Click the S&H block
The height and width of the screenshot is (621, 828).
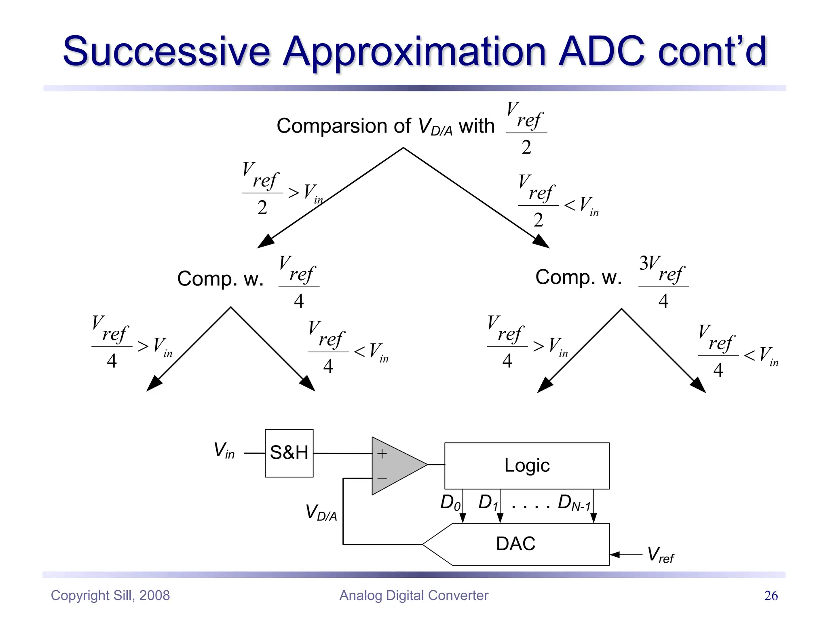(289, 453)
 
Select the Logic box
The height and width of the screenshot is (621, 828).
(527, 466)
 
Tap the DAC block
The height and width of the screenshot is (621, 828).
(516, 544)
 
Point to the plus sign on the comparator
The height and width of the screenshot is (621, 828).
(382, 454)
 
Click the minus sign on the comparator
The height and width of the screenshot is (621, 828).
(382, 478)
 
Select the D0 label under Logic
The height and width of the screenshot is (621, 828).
(450, 503)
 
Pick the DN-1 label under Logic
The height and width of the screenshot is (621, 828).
(574, 503)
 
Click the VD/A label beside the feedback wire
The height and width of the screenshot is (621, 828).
(321, 512)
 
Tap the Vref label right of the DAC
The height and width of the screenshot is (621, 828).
(660, 555)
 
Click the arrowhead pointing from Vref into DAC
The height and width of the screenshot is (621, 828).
(614, 555)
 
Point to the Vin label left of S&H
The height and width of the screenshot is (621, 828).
(224, 450)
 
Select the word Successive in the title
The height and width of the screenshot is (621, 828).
(166, 51)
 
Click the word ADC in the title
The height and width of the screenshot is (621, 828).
(601, 51)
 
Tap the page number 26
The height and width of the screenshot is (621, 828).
(771, 596)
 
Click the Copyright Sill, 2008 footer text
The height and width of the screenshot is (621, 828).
(110, 596)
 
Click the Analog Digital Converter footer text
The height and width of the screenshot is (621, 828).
(414, 596)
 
